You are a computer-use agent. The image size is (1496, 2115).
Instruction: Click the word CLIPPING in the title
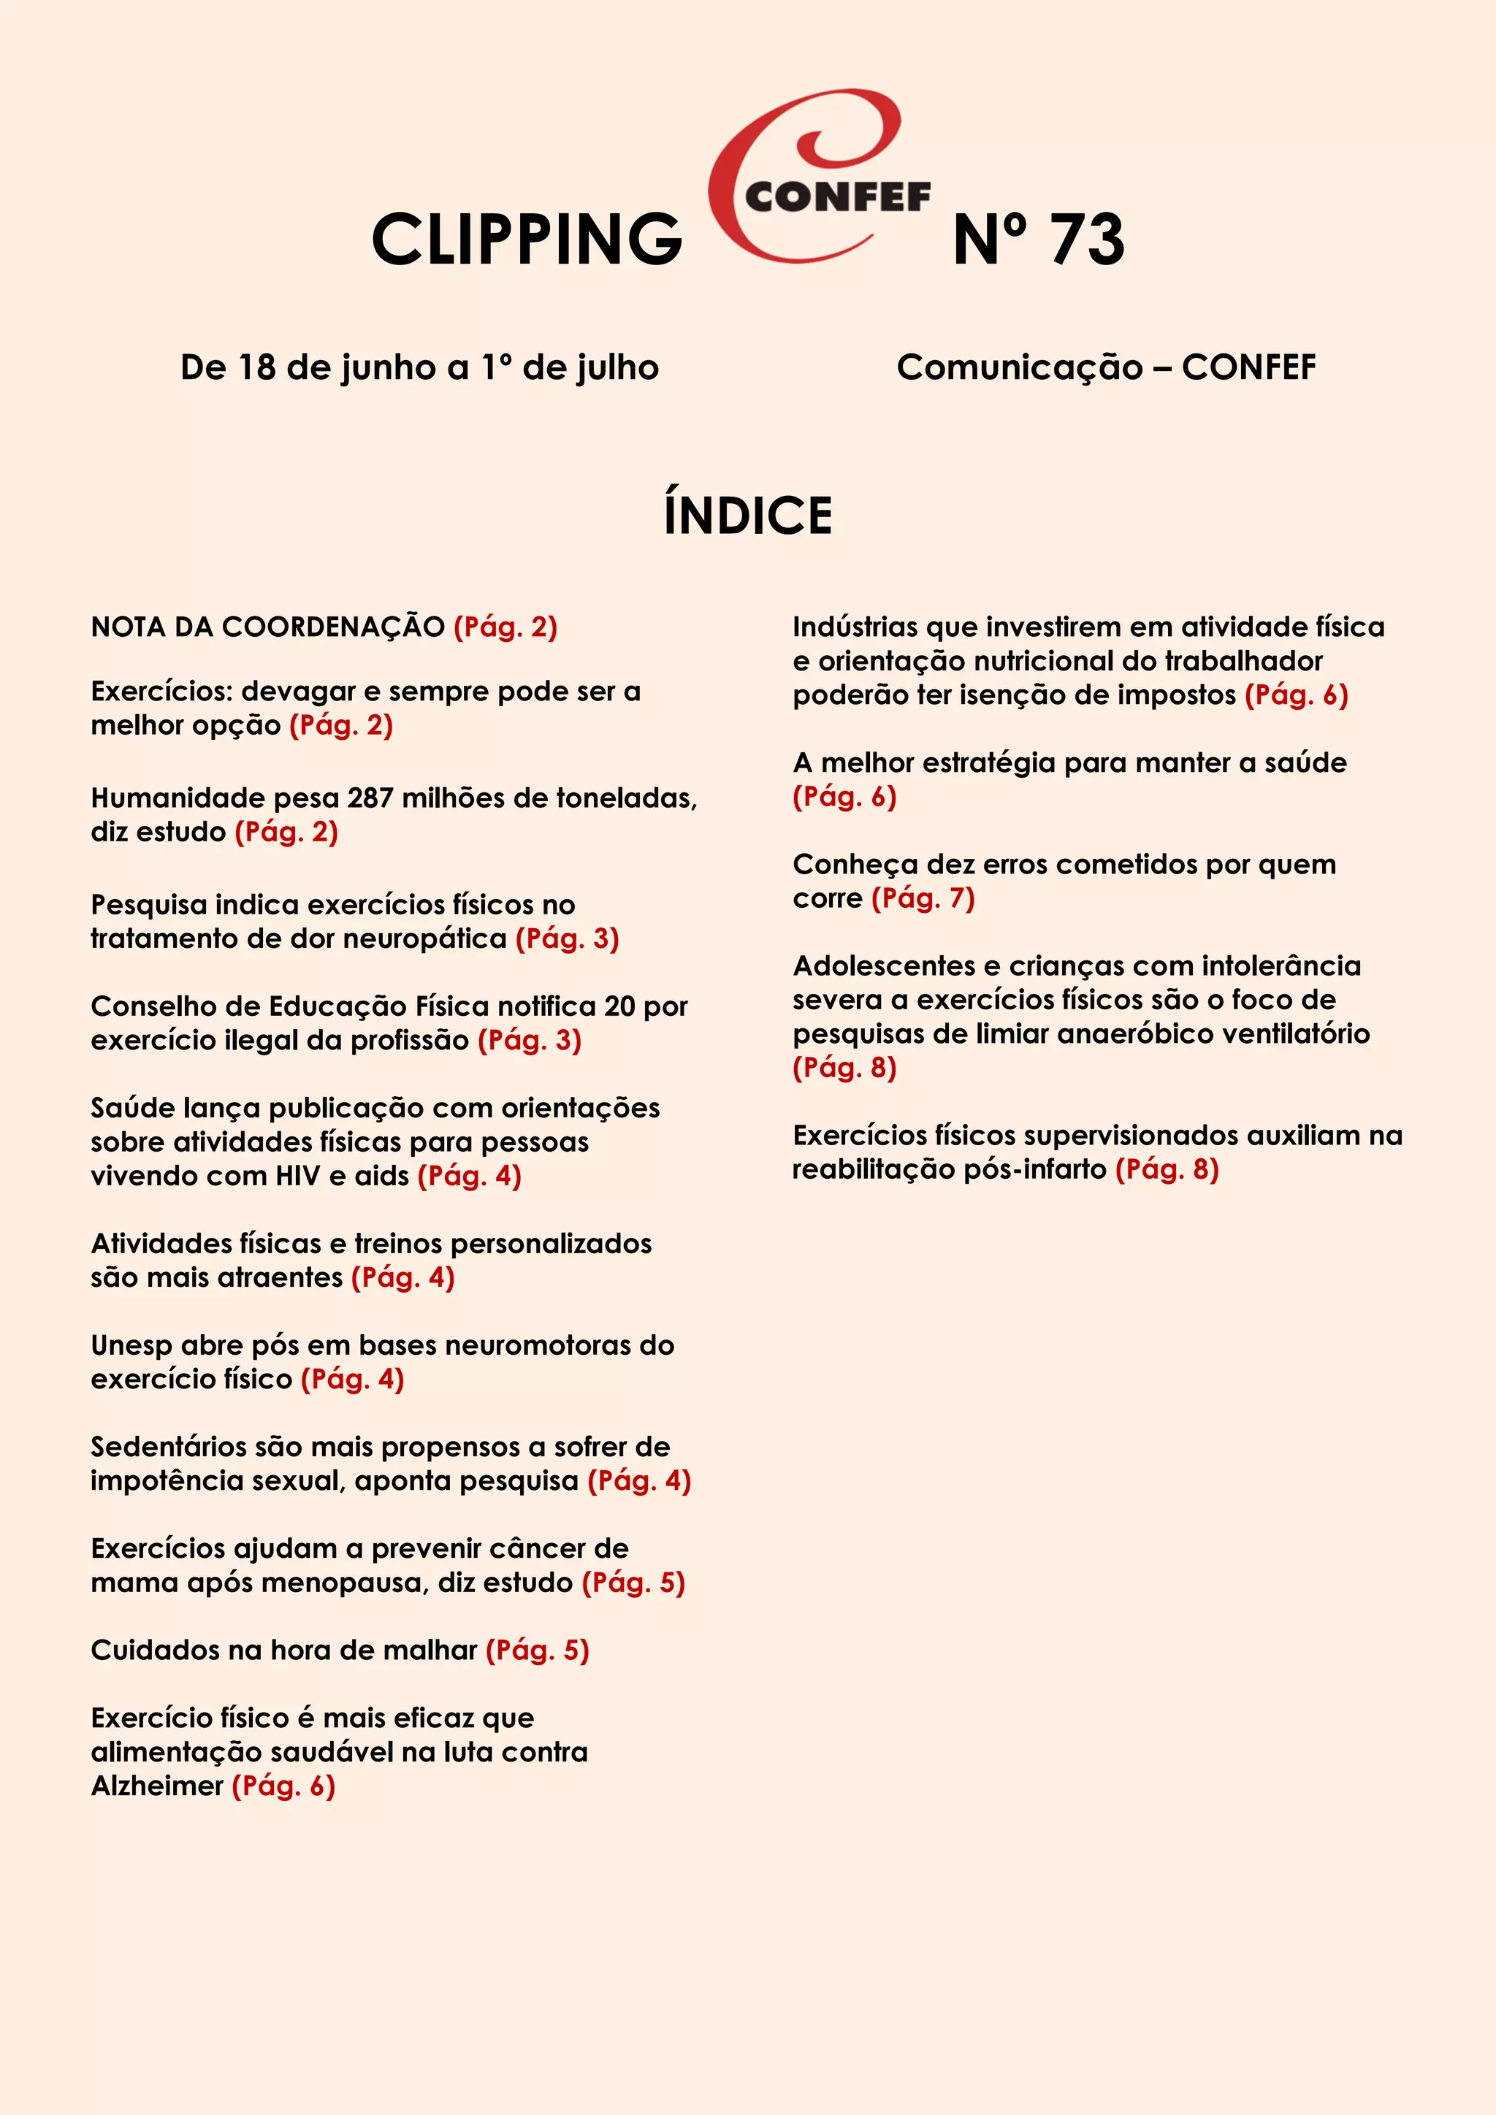(x=526, y=240)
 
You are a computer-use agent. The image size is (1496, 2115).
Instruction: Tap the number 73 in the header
(x=1087, y=240)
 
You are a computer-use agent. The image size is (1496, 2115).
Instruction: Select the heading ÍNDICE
(x=748, y=515)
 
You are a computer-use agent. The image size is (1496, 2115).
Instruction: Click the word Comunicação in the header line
(x=1019, y=367)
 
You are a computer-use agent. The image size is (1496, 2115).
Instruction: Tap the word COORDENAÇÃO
(x=334, y=627)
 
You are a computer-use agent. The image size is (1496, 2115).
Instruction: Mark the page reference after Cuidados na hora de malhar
(x=537, y=1650)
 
